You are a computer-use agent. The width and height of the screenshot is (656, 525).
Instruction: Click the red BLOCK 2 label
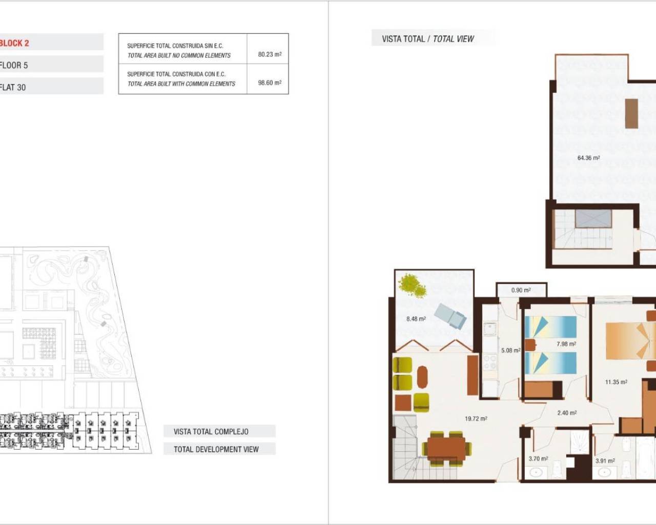(x=14, y=43)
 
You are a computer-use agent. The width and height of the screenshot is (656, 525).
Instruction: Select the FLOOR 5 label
(x=14, y=65)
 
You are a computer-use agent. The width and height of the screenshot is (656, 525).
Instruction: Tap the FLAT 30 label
(x=13, y=87)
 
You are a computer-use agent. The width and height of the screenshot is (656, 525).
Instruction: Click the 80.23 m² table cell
(x=270, y=54)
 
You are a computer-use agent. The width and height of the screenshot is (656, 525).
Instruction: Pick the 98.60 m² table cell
(x=270, y=83)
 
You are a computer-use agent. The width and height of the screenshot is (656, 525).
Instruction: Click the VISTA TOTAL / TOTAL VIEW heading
(x=428, y=38)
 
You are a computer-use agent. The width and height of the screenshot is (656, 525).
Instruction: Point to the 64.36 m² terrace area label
(x=588, y=158)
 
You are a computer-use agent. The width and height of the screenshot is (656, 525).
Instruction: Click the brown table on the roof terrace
(x=631, y=113)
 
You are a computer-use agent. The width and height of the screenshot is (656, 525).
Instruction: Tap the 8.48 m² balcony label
(x=416, y=319)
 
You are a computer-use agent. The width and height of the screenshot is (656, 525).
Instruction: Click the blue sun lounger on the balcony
(x=450, y=316)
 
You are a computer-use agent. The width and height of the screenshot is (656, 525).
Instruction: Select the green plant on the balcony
(x=413, y=286)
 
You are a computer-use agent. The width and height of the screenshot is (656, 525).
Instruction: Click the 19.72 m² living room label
(x=476, y=419)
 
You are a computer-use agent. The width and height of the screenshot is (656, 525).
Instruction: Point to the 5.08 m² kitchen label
(x=510, y=351)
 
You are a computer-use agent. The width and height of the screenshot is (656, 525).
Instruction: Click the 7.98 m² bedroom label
(x=566, y=344)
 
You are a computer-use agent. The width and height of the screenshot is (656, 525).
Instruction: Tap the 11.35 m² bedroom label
(x=616, y=382)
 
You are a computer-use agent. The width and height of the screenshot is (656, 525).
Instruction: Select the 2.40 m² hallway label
(x=567, y=413)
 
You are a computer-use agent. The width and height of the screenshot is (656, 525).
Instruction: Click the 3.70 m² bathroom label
(x=538, y=459)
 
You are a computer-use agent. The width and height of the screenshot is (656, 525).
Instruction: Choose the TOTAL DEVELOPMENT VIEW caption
(x=216, y=449)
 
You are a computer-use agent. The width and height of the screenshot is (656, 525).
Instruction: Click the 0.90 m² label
(x=521, y=290)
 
